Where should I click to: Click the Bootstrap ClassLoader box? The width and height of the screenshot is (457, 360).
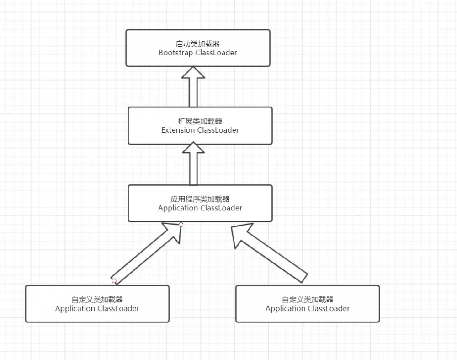click(198, 48)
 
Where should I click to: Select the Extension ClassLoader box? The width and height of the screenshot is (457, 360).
click(200, 125)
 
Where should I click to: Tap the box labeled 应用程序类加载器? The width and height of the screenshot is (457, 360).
click(200, 203)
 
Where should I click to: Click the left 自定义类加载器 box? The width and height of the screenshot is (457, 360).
click(97, 304)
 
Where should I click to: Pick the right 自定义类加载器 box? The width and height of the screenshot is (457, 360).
click(307, 304)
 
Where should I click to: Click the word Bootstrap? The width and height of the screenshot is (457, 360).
click(176, 53)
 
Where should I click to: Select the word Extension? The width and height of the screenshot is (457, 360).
click(178, 130)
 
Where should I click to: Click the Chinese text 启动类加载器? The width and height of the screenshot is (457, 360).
click(198, 43)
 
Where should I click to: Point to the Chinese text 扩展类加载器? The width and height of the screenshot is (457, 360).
click(200, 121)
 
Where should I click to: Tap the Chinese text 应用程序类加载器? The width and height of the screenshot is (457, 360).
click(200, 199)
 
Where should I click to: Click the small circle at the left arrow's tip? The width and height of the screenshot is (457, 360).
click(181, 225)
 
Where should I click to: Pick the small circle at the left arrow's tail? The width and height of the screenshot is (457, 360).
click(114, 280)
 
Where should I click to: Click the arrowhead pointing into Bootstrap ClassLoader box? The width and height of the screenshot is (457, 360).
click(193, 72)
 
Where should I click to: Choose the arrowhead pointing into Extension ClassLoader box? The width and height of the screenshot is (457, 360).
click(193, 149)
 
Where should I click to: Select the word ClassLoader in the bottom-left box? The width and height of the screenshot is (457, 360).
click(118, 309)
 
